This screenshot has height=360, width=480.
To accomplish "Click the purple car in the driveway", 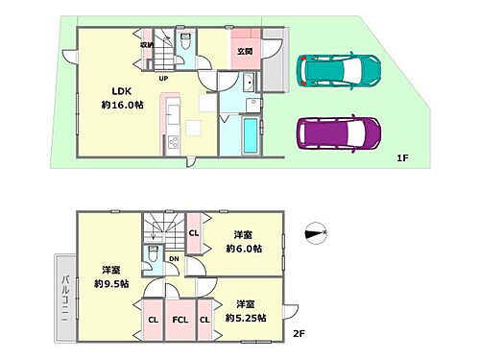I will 336,132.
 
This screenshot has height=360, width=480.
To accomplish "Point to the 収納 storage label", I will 146,44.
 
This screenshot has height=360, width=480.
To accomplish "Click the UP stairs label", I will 163,79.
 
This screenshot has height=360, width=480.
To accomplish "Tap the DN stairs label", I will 173,258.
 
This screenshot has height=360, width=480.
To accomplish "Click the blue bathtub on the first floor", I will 249,135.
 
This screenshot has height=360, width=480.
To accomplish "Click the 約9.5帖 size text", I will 110,283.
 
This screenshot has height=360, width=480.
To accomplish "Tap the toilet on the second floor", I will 153,254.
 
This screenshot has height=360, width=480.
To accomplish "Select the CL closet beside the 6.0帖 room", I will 194,232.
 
